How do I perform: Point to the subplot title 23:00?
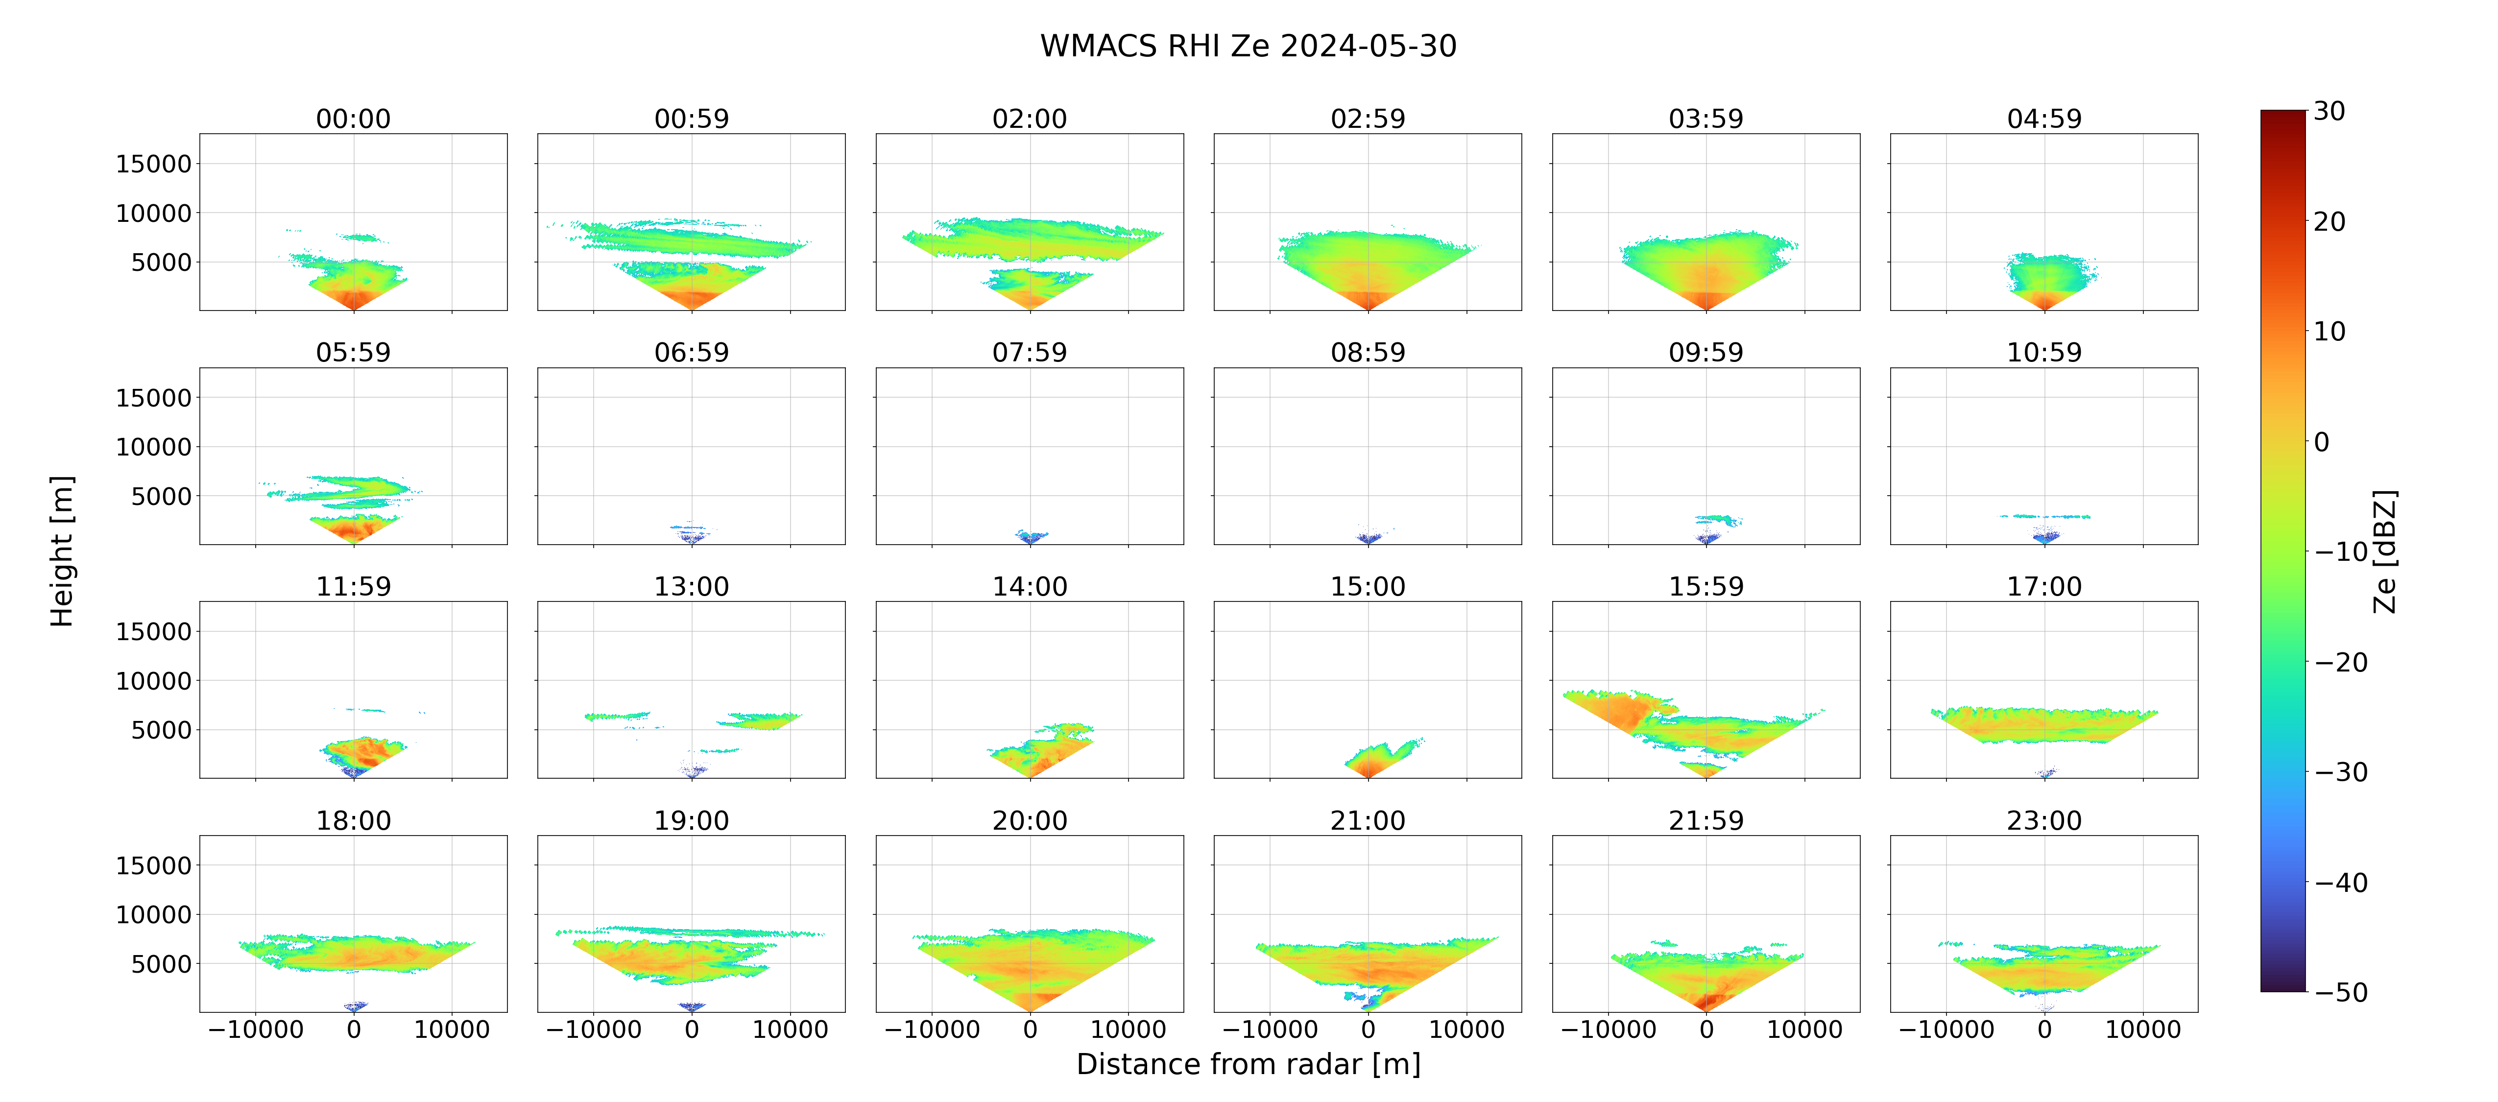(2044, 821)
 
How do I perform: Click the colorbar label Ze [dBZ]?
(2384, 551)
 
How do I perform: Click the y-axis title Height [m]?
(62, 551)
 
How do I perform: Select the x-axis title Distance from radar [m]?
(1248, 1064)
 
